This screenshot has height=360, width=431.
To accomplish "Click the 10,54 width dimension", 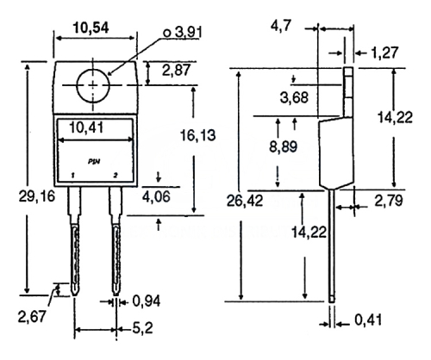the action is pyautogui.click(x=91, y=28).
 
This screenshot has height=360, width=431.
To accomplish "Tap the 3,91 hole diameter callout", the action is pyautogui.click(x=183, y=33).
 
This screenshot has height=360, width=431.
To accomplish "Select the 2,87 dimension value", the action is pyautogui.click(x=177, y=70).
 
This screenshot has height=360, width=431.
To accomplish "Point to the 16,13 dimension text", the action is pyautogui.click(x=197, y=135).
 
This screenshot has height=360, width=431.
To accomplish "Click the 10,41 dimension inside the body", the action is pyautogui.click(x=86, y=127).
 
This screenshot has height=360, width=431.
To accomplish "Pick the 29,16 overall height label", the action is pyautogui.click(x=37, y=196).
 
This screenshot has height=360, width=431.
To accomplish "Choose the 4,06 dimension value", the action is pyautogui.click(x=156, y=196).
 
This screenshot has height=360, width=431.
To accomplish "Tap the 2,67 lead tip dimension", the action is pyautogui.click(x=32, y=317).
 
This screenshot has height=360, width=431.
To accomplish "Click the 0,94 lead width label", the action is pyautogui.click(x=147, y=301).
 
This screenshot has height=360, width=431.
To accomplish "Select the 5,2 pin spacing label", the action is pyautogui.click(x=142, y=328).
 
